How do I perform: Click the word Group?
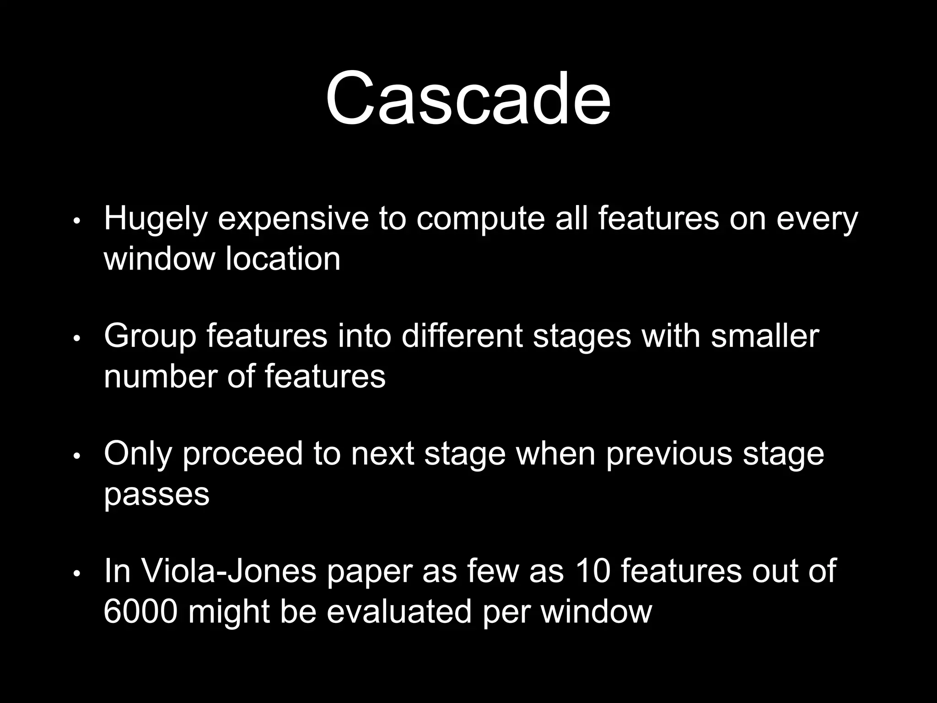150,336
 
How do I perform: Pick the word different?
462,336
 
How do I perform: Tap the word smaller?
765,336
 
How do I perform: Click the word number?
161,377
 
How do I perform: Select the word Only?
138,454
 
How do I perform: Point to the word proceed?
243,454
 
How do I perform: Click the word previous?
669,454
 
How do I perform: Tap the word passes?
156,494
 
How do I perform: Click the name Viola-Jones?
229,572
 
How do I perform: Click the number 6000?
140,612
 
